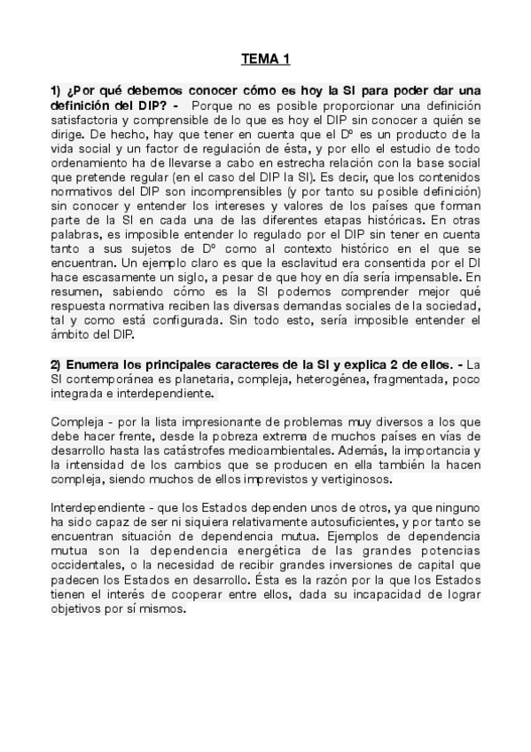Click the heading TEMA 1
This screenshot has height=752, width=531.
tap(266, 59)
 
